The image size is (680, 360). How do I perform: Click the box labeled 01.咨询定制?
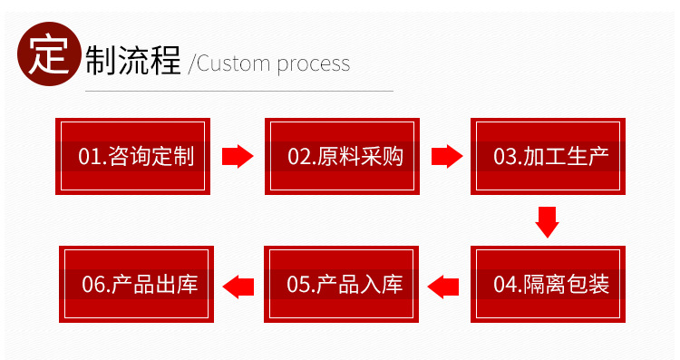click(132, 156)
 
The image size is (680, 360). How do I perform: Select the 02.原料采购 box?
click(342, 156)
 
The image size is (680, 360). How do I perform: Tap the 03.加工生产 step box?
click(549, 156)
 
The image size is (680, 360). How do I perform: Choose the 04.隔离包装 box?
click(549, 284)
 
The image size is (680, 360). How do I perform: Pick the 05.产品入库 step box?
click(341, 284)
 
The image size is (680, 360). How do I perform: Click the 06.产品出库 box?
click(136, 284)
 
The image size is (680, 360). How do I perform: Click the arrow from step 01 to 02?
click(238, 156)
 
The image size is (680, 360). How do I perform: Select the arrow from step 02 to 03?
click(447, 156)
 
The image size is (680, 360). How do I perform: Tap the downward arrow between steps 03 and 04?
click(547, 222)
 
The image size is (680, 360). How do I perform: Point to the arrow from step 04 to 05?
click(443, 287)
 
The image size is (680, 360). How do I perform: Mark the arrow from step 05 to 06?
click(238, 287)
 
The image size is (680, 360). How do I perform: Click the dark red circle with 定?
click(49, 54)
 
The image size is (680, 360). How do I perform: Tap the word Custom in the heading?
click(233, 63)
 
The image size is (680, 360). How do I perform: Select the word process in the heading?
click(313, 65)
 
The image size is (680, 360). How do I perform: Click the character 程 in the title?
click(165, 60)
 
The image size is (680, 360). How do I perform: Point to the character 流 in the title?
click(133, 60)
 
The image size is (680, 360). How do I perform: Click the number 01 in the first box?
click(90, 157)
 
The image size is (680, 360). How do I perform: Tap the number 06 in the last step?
click(93, 285)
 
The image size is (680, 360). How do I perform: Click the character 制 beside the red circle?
click(102, 60)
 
